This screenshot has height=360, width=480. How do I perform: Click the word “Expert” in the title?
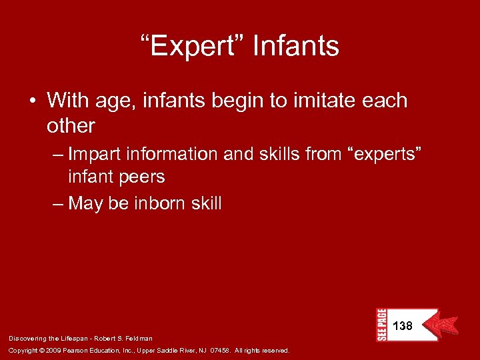click(x=193, y=47)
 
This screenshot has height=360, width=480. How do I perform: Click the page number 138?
click(x=403, y=326)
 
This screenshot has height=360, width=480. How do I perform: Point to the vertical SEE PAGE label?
click(x=381, y=325)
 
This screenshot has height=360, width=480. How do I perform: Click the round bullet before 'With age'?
click(x=33, y=101)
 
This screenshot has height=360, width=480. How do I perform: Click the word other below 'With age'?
click(x=71, y=125)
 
